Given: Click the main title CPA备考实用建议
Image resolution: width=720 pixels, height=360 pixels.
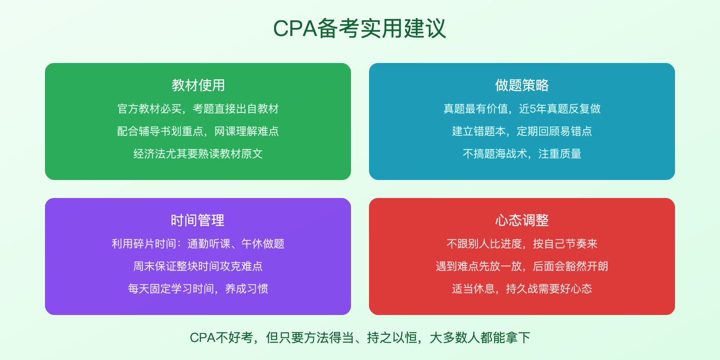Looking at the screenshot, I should coord(360,28).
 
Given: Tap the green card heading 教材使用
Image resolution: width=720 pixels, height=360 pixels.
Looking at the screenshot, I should coord(198,85).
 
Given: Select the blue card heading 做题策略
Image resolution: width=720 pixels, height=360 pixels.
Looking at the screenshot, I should coord(522,85).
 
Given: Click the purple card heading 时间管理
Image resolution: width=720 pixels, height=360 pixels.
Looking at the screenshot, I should coord(198,220).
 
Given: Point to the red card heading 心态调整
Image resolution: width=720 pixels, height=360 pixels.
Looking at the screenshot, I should coord(522,220).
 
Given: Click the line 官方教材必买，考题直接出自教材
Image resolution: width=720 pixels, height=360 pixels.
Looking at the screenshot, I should coord(198,108).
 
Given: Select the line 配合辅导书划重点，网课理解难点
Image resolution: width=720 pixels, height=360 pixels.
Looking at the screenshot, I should coord(198,131).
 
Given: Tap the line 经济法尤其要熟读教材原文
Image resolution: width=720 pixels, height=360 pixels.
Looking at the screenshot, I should coord(198,153).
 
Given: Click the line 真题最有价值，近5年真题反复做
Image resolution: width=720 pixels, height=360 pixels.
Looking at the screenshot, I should coord(522,108).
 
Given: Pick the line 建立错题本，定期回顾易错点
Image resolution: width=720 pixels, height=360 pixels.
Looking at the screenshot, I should coord(522,131).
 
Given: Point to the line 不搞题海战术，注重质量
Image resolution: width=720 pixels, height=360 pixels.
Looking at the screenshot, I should coord(522,153).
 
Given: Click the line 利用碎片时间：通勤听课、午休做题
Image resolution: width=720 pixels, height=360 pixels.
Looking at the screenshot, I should coord(198,243).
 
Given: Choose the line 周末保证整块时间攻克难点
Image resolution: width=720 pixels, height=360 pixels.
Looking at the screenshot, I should coord(198,266).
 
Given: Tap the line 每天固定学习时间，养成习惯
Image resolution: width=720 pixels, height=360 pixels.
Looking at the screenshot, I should coord(198,288).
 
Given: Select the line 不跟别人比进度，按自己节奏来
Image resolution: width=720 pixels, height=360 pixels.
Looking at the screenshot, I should coord(522,243).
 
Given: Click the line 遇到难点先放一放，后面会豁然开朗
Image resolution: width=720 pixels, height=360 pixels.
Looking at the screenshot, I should coord(522,266).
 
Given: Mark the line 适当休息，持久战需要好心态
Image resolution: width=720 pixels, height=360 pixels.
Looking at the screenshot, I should coord(522,288).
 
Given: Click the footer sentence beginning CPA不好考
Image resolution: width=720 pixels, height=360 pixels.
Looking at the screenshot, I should coord(360,337).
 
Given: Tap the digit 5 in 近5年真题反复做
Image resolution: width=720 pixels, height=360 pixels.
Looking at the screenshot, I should coord(533,109).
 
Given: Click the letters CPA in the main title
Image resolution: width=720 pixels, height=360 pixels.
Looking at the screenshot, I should coord(295,29).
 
